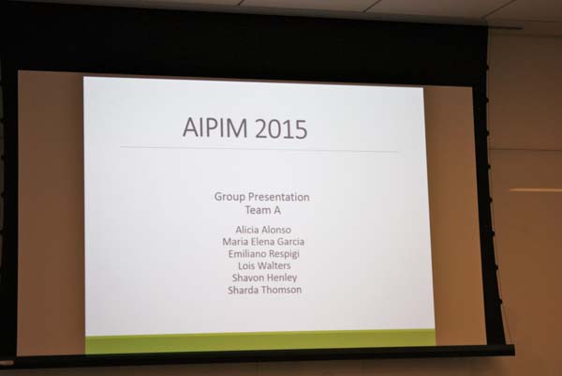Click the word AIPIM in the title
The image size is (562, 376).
(x=214, y=128)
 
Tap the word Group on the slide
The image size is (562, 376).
(x=229, y=197)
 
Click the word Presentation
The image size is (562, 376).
(x=279, y=197)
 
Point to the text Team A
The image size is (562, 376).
(x=262, y=210)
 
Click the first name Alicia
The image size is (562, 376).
(x=246, y=230)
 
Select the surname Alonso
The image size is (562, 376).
(x=275, y=230)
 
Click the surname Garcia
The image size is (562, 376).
(x=290, y=242)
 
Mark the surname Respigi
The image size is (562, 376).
(x=284, y=254)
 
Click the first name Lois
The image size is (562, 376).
(x=245, y=266)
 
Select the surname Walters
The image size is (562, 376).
(x=274, y=266)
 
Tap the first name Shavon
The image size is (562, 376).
(x=246, y=278)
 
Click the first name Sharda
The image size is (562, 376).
(x=242, y=290)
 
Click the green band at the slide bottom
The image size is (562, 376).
(x=260, y=341)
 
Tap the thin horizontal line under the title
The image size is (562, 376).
(x=259, y=149)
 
